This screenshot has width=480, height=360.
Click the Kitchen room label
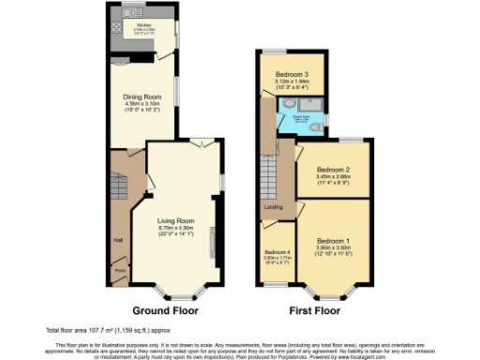143,25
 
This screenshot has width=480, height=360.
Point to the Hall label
118,240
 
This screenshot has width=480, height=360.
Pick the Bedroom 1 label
331,239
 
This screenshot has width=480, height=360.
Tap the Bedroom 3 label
292,74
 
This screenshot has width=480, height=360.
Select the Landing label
274,208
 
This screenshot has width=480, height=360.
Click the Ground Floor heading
162,310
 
